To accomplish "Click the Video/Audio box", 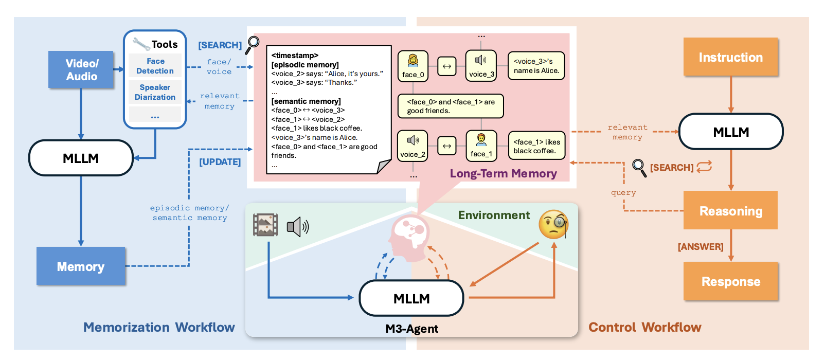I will pos(81,69).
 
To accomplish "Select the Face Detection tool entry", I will pos(155,66).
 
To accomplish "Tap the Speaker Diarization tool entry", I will pos(155,92).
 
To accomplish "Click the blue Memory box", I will pos(81,266).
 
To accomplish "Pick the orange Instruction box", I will pos(730,57).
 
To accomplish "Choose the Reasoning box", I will pos(730,210).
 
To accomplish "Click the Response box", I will pos(730,281).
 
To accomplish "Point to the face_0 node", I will pos(412,66).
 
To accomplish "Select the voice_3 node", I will pos(481,65).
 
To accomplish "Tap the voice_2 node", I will pos(412,146).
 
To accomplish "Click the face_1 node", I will pos(481,146).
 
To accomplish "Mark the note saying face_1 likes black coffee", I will pos(536,146).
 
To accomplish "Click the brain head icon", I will pos(409,235).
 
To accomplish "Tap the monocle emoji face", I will pos(553,224).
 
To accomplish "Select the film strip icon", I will pos(265,225).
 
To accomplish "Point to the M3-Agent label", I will pos(411,329).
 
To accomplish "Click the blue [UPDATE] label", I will pos(220,162).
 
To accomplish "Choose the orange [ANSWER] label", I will pos(700,247).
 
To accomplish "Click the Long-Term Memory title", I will pos(503,174).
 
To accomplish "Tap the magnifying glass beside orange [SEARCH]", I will pos(639,167).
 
